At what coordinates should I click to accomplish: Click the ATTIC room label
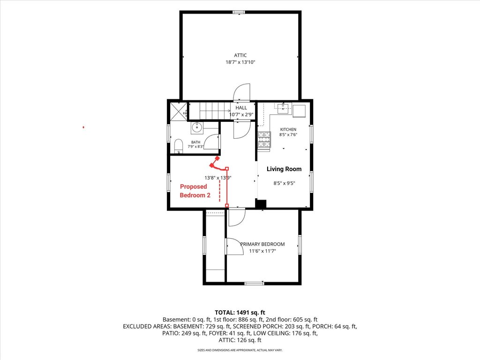[240, 55]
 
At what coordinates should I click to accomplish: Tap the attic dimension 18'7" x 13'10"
[240, 62]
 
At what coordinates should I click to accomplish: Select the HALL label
[241, 108]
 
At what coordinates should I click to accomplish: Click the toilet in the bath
[178, 146]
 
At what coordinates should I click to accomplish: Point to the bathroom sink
[197, 127]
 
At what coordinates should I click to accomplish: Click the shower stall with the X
[178, 111]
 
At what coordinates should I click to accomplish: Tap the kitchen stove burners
[264, 139]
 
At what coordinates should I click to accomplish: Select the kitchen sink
[283, 107]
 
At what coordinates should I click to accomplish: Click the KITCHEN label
[288, 129]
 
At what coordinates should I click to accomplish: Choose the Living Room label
[284, 169]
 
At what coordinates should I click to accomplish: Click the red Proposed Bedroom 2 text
[195, 191]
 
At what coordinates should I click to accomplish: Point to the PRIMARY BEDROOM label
[262, 244]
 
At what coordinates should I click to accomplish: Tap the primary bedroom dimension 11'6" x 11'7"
[262, 251]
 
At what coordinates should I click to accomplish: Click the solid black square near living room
[261, 204]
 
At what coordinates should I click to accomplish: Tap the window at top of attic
[239, 12]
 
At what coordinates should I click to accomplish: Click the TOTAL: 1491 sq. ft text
[240, 313]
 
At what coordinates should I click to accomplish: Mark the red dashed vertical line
[219, 191]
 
